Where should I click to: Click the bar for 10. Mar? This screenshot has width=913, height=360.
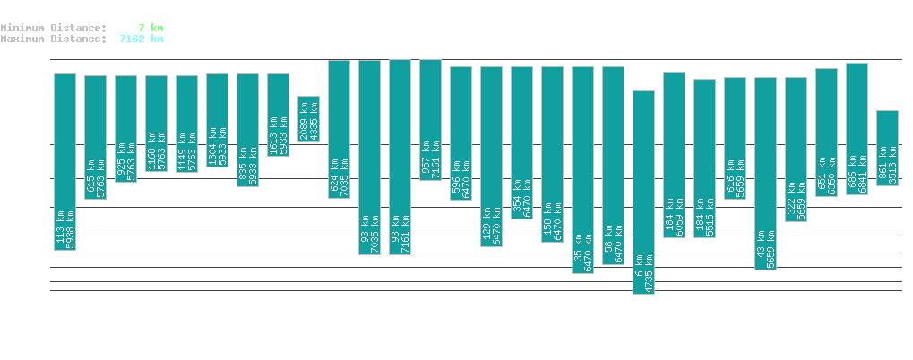(643, 192)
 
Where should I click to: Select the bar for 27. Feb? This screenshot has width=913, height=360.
(308, 118)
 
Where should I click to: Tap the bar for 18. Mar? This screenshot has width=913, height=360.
(887, 148)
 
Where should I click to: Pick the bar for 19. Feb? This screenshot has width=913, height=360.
(65, 161)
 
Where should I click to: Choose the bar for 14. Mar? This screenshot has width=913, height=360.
(765, 173)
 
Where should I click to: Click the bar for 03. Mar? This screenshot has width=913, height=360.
(430, 119)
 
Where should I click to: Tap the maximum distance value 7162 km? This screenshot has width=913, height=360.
(142, 39)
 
